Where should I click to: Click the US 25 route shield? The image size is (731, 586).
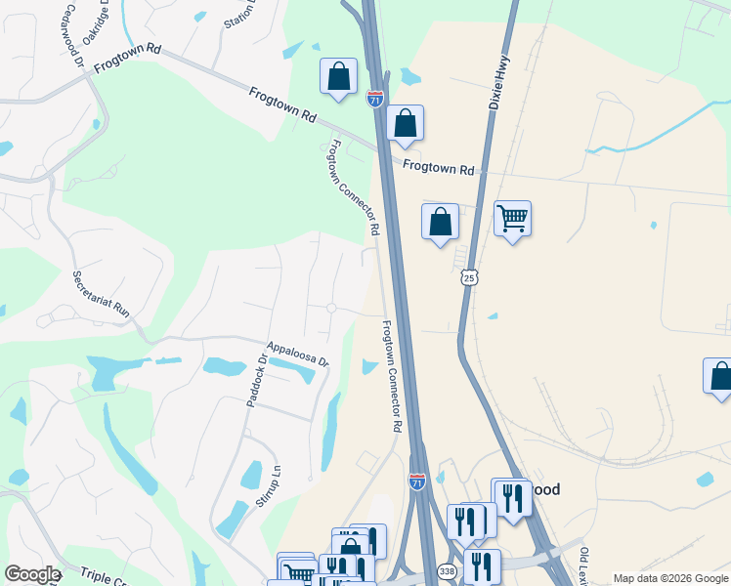click(x=470, y=278)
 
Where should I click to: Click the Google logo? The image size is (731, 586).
click(x=32, y=574)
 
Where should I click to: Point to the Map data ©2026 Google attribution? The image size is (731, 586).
click(x=669, y=578)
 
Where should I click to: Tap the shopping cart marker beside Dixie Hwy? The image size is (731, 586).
click(x=512, y=219)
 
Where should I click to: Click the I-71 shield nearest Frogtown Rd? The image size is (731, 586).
click(x=375, y=98)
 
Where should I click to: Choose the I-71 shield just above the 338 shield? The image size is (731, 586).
click(x=416, y=481)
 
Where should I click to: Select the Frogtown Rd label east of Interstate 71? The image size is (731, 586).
click(x=439, y=167)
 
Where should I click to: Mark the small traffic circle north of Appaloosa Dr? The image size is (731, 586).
click(x=331, y=308)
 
